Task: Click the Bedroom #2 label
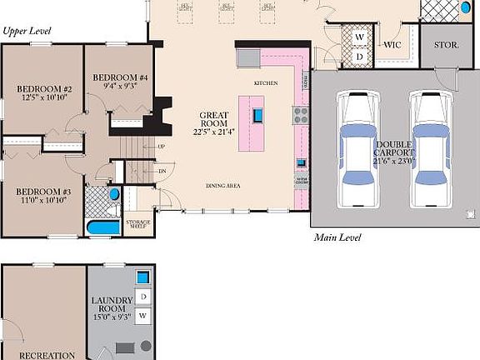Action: (44, 89)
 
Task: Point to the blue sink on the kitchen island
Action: (259, 115)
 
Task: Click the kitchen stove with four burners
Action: (300, 115)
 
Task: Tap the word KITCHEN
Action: (266, 83)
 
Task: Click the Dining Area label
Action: (223, 185)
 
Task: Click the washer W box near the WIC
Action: (360, 37)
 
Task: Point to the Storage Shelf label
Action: (138, 223)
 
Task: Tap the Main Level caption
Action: (337, 237)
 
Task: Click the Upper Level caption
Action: (27, 31)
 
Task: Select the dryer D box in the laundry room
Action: (144, 297)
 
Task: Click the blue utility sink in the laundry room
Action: (144, 277)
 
